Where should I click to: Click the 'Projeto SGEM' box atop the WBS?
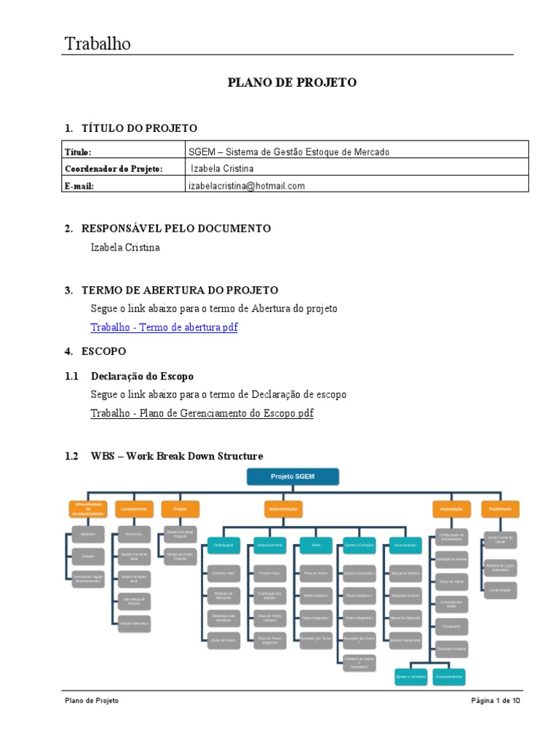(x=292, y=476)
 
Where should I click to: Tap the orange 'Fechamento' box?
(x=499, y=509)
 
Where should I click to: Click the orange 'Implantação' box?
(x=451, y=509)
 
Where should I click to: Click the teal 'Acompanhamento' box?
(x=448, y=677)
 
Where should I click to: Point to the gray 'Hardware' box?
(x=87, y=535)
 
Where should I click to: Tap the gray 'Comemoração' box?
(x=499, y=589)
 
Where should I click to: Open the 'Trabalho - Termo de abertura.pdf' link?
(x=164, y=327)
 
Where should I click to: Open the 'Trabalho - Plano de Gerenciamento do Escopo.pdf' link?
(x=202, y=413)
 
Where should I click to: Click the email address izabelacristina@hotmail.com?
(x=247, y=186)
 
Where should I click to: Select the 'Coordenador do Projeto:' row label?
(x=114, y=168)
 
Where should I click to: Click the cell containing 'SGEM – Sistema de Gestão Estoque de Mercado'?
(x=289, y=152)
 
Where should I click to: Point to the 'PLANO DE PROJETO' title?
(x=292, y=82)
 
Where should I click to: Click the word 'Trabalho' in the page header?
(x=98, y=44)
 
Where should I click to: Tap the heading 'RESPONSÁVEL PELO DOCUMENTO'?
(x=176, y=228)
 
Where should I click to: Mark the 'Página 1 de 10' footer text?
(x=495, y=701)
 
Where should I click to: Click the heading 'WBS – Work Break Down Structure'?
(x=176, y=456)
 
